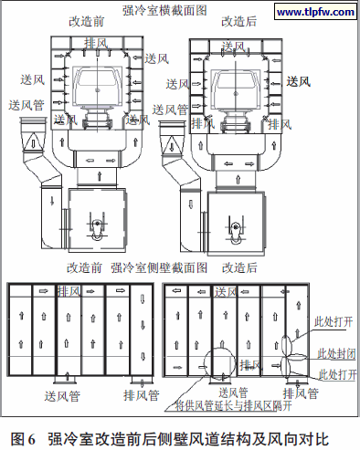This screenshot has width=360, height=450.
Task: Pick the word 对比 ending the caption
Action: pyautogui.click(x=313, y=432)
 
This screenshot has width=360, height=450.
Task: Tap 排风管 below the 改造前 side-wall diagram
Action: pyautogui.click(x=141, y=396)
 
